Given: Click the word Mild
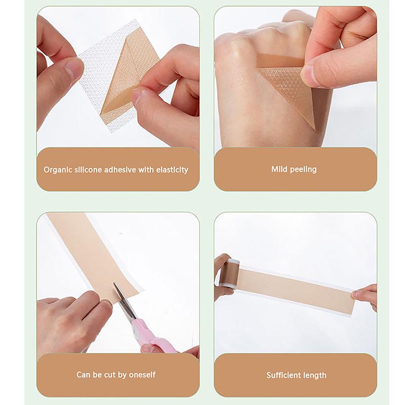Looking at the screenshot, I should pos(279,169).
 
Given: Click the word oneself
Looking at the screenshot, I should pos(141,375).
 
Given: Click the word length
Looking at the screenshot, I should pos(314,375).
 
